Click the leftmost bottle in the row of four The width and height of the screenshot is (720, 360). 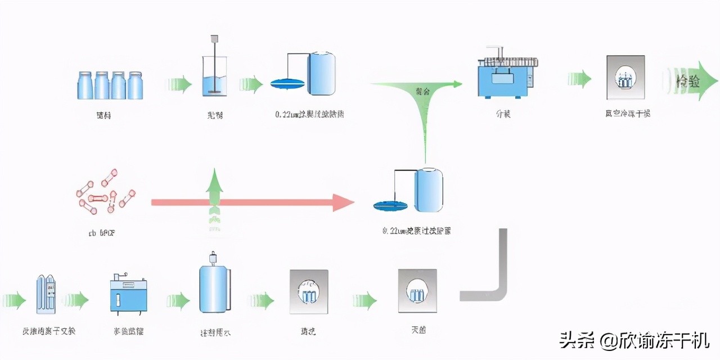(85, 85)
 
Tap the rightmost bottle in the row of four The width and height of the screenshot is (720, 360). (136, 85)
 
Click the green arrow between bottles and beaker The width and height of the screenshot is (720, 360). (179, 85)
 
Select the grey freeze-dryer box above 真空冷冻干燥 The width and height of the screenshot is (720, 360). (625, 78)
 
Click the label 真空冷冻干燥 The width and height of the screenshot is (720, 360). (627, 114)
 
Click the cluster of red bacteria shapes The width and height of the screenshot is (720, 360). (105, 191)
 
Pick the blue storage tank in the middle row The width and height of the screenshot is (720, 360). (428, 191)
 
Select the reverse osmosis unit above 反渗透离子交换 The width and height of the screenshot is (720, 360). (47, 294)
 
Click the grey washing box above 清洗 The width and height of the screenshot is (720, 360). (308, 291)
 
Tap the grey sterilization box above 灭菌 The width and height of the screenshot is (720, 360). (417, 291)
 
